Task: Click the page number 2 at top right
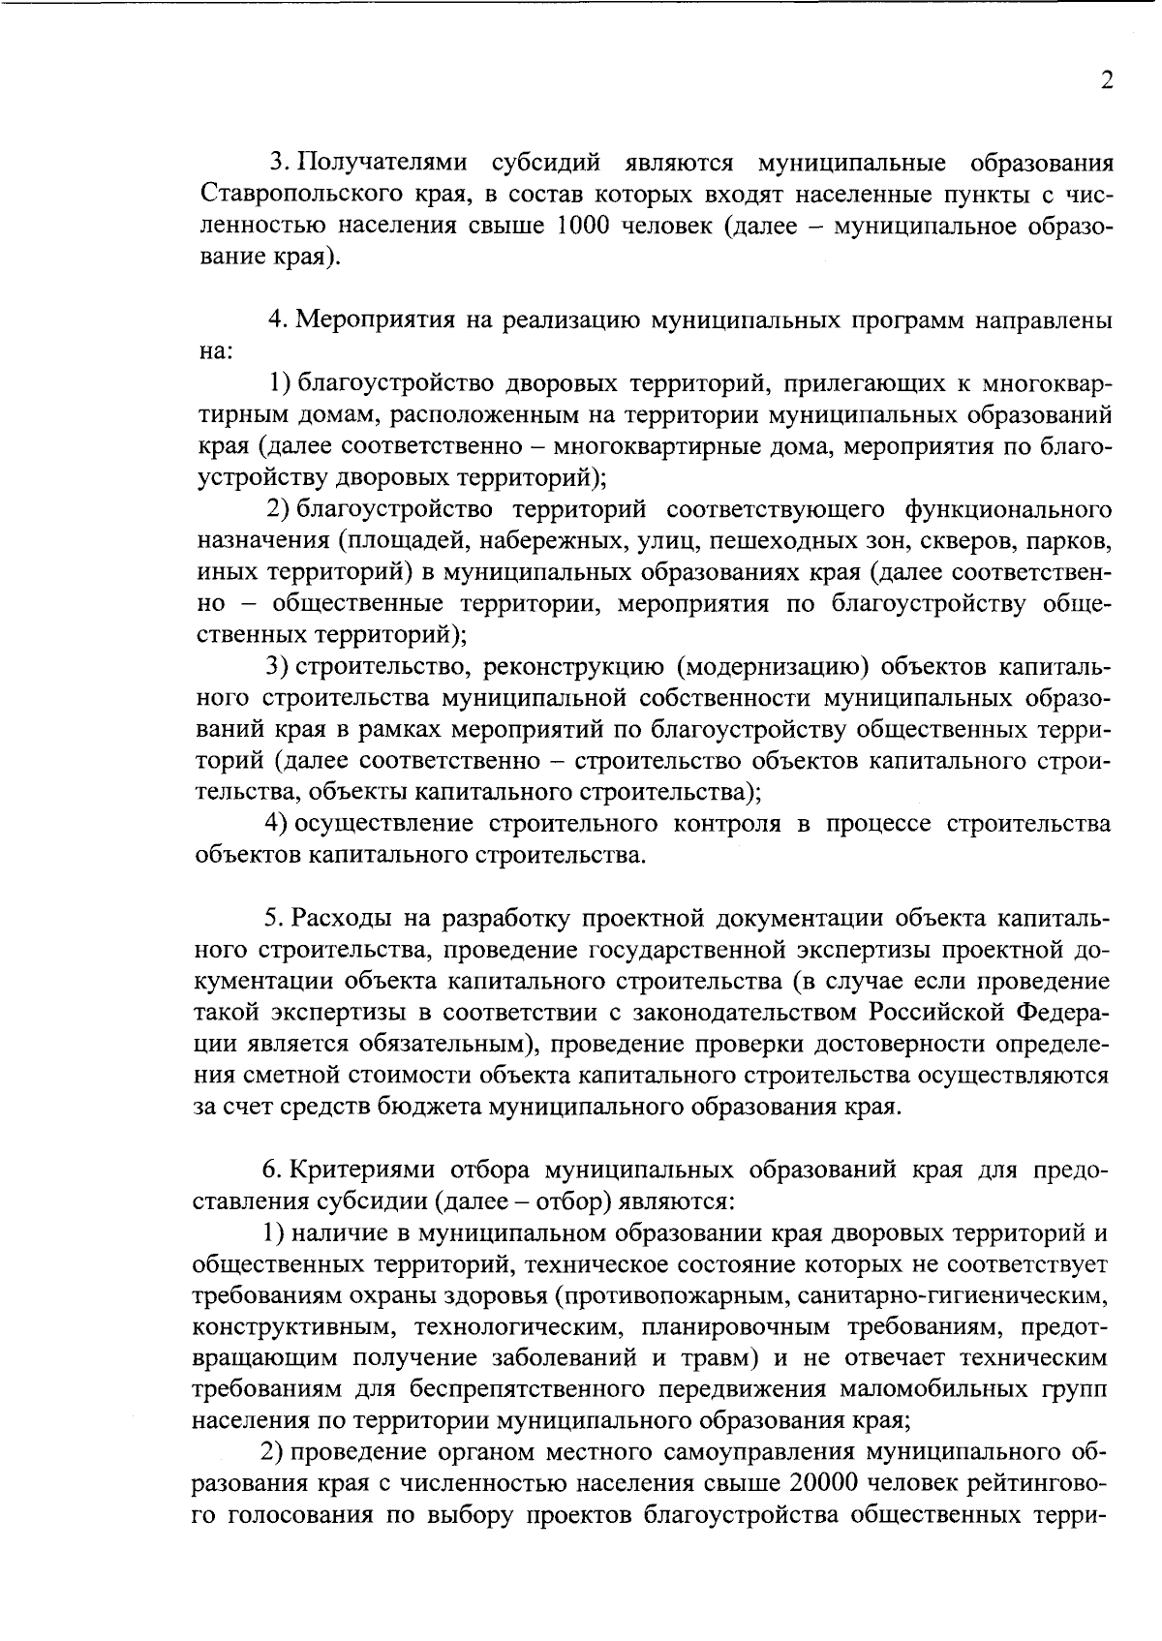click(x=1106, y=80)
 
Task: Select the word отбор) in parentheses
click(x=612, y=1201)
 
